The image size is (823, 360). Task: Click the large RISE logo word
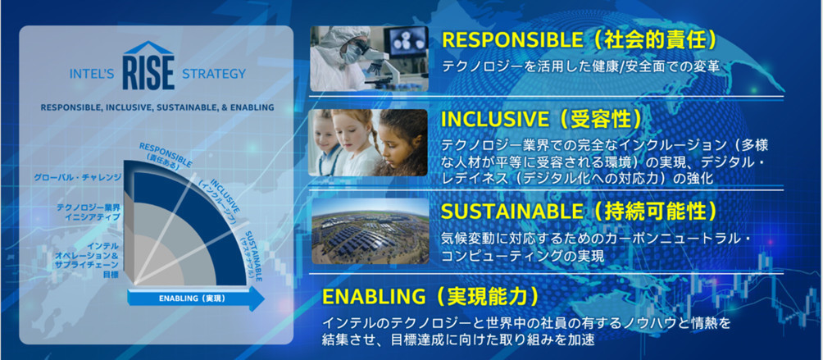(x=148, y=74)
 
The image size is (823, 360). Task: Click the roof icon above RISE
(x=148, y=48)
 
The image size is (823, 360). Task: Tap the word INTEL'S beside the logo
(x=92, y=74)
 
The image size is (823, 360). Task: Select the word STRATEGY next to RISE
(x=214, y=74)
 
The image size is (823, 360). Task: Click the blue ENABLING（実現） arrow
(x=196, y=298)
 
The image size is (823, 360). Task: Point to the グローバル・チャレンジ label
(x=78, y=177)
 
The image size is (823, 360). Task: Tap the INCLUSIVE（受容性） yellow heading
(x=542, y=119)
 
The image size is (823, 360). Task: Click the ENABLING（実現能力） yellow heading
(x=430, y=297)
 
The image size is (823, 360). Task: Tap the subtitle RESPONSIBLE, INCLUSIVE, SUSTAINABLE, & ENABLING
(x=157, y=107)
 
